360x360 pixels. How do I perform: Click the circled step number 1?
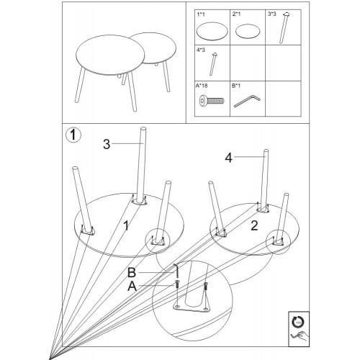pyautogui.click(x=73, y=135)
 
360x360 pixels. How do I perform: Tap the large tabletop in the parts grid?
pyautogui.click(x=212, y=32)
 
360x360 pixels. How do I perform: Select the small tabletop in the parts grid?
pyautogui.click(x=248, y=32)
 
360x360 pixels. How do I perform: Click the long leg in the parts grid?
pyautogui.click(x=284, y=27)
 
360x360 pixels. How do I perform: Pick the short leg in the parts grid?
pyautogui.click(x=212, y=63)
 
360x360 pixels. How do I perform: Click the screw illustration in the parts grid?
pyautogui.click(x=212, y=101)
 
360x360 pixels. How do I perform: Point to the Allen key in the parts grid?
pyautogui.click(x=247, y=102)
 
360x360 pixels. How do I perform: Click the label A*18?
pyautogui.click(x=202, y=86)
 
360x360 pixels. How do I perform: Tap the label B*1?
pyautogui.click(x=236, y=86)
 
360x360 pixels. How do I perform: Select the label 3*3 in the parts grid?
pyautogui.click(x=272, y=14)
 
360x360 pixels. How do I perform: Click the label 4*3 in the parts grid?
pyautogui.click(x=201, y=50)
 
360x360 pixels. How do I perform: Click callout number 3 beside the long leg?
pyautogui.click(x=107, y=144)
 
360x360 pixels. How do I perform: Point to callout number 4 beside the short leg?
pyautogui.click(x=229, y=158)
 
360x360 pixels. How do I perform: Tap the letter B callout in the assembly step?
pyautogui.click(x=132, y=273)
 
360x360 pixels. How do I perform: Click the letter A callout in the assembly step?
pyautogui.click(x=132, y=286)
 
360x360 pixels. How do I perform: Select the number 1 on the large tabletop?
pyautogui.click(x=126, y=225)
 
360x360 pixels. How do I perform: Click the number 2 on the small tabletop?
pyautogui.click(x=254, y=225)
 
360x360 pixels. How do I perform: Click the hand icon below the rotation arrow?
pyautogui.click(x=298, y=336)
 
